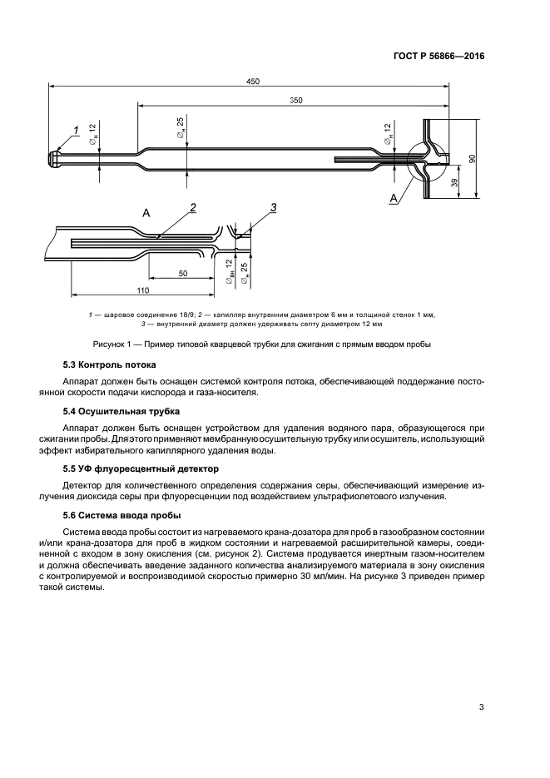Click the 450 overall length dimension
pos(253,81)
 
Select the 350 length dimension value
pos(295,101)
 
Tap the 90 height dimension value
pos(472,159)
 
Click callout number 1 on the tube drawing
pos(76,130)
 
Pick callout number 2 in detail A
pos(192,206)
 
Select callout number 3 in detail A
pos(272,206)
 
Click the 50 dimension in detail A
pos(182,274)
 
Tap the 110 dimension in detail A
pos(141,290)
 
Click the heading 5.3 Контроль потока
pos(110,365)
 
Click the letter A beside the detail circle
pos(393,198)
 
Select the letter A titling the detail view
pos(146,213)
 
